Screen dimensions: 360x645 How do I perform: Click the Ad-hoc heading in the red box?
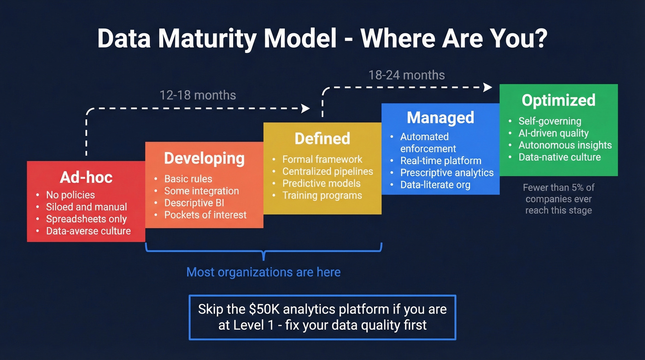point(86,178)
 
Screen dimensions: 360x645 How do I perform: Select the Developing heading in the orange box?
point(204,158)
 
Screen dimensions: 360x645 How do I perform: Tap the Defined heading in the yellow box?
point(322,138)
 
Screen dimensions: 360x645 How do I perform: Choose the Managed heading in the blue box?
point(440,118)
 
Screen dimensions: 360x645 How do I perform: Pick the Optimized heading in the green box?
point(558,100)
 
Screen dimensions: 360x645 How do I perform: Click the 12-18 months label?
point(198,95)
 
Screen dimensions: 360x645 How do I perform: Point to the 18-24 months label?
point(406,75)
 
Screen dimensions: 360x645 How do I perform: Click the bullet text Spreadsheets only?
point(86,219)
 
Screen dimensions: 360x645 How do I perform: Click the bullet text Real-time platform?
point(440,161)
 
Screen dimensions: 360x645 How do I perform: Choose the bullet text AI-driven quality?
point(553,133)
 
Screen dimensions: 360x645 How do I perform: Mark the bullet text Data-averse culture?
point(88,231)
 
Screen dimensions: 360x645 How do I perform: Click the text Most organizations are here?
point(264,272)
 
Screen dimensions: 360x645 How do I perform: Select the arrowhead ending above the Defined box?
point(305,108)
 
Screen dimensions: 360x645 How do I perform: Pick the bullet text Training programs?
point(322,195)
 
